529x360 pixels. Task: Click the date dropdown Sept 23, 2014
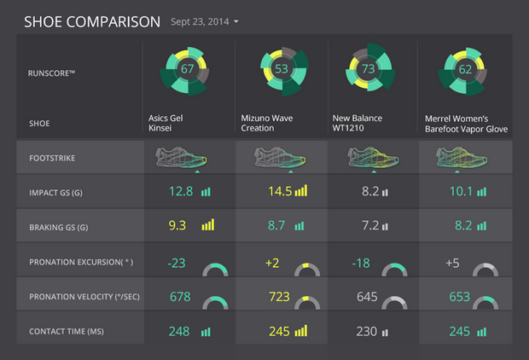tap(205, 20)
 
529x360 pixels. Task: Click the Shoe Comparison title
tap(91, 20)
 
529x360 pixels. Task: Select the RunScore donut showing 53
tap(281, 69)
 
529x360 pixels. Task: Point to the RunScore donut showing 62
tap(464, 70)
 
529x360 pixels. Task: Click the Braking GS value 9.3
tap(178, 226)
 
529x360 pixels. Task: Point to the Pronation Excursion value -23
tap(177, 263)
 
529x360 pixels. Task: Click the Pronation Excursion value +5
tap(452, 263)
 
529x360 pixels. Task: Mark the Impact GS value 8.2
tap(369, 192)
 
